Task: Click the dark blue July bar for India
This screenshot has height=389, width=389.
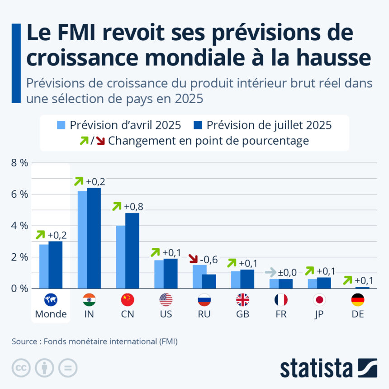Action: click(94, 238)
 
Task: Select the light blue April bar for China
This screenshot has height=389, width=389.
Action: click(121, 257)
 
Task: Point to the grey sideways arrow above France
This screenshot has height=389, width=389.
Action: click(270, 272)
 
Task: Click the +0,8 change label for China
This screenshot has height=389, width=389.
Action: click(134, 206)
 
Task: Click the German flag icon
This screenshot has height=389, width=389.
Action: click(358, 300)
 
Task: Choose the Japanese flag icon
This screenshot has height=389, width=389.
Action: click(319, 300)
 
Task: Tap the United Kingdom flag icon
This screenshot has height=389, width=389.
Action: click(242, 300)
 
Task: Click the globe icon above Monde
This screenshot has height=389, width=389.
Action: click(51, 300)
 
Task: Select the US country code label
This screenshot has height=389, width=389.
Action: click(166, 314)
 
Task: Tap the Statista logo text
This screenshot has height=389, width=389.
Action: click(317, 368)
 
